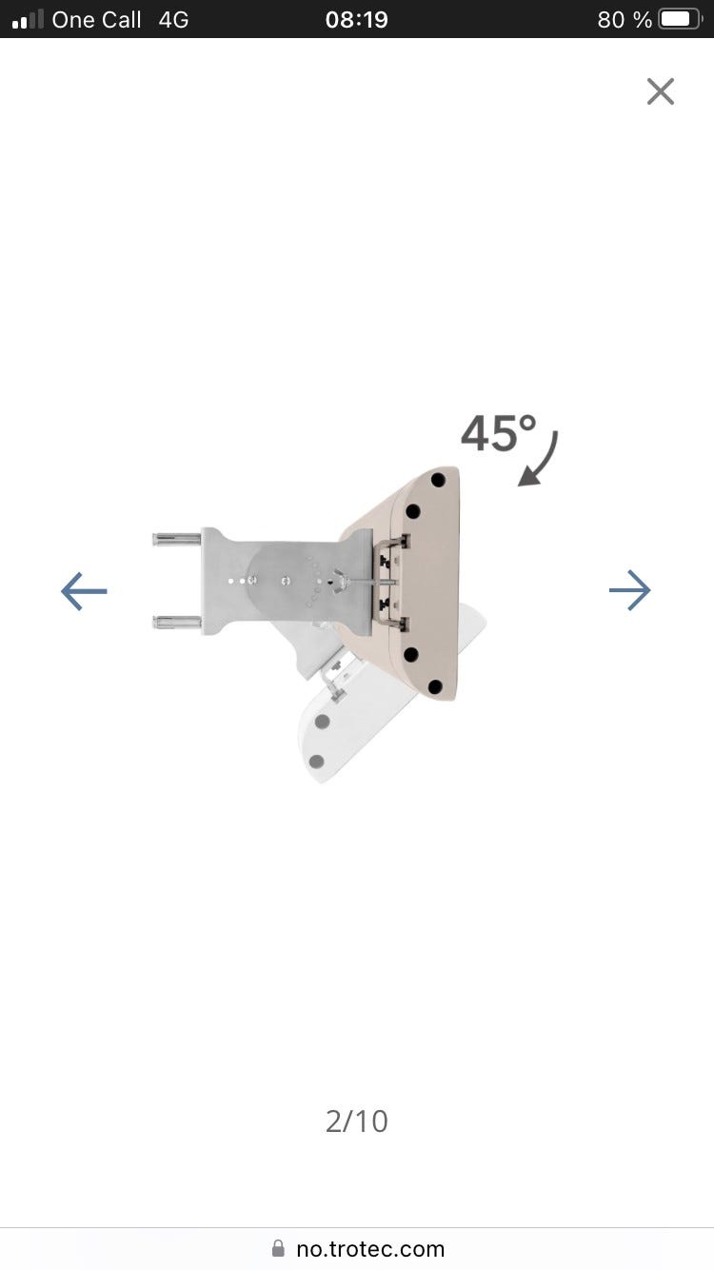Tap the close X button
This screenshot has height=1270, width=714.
click(x=661, y=91)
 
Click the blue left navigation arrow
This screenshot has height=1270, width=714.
click(x=84, y=591)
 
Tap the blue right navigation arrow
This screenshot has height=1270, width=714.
click(x=630, y=590)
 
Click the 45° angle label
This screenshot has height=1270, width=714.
click(x=499, y=433)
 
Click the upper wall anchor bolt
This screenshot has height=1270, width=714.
click(x=176, y=539)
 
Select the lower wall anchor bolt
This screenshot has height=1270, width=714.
click(x=176, y=623)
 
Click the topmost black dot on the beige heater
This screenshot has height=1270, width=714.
click(x=438, y=480)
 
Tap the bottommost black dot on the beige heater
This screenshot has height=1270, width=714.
click(x=435, y=686)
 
